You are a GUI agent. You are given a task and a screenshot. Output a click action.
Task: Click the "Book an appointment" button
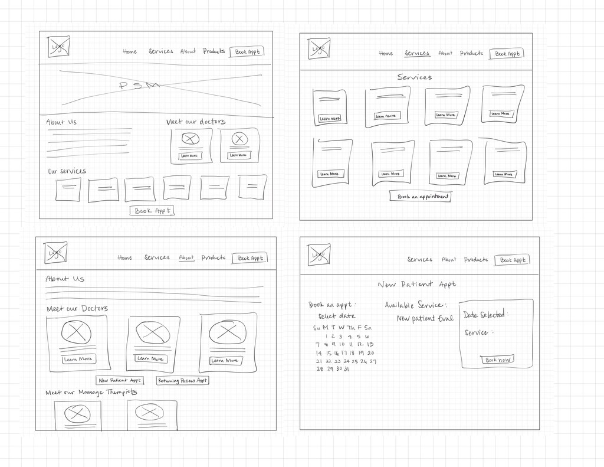coord(420,197)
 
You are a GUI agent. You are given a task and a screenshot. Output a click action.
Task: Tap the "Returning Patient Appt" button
coord(182,381)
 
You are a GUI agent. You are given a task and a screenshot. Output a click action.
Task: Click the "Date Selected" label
coord(485,315)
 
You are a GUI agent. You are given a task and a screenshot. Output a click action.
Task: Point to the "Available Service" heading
coord(415,305)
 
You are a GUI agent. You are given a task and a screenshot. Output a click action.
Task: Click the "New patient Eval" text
coord(425,318)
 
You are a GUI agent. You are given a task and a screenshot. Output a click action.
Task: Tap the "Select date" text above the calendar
coord(337,316)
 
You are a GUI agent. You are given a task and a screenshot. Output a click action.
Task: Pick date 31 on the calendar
coord(346,369)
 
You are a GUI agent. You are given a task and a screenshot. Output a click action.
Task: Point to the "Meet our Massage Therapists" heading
coord(91,393)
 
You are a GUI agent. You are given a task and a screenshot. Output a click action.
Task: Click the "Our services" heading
coord(67,171)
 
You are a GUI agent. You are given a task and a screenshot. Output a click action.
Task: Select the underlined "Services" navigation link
coord(417,53)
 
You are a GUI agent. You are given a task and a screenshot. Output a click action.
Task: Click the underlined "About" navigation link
coord(186,257)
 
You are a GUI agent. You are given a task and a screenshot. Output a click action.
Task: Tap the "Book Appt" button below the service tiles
coord(152,211)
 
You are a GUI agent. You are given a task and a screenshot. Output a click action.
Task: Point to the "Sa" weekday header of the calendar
coord(368,328)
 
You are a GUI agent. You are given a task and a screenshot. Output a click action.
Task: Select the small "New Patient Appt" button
coord(120,381)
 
